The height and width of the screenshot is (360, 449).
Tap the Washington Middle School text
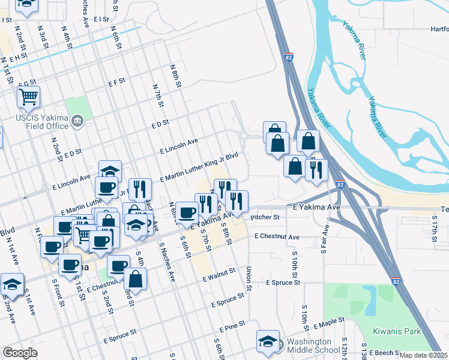pyautogui.click(x=313, y=346)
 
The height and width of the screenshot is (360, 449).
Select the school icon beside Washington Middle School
pyautogui.click(x=268, y=341)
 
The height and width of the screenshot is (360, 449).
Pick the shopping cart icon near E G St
pyautogui.click(x=28, y=97)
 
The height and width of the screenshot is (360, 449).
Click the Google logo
pyautogui.click(x=20, y=353)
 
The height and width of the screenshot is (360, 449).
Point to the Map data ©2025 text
pyautogui.click(x=423, y=355)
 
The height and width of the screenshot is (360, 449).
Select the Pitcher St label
pyautogui.click(x=265, y=217)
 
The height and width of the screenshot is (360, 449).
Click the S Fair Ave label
pyautogui.click(x=324, y=239)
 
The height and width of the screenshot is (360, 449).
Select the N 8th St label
pyautogui.click(x=175, y=75)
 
